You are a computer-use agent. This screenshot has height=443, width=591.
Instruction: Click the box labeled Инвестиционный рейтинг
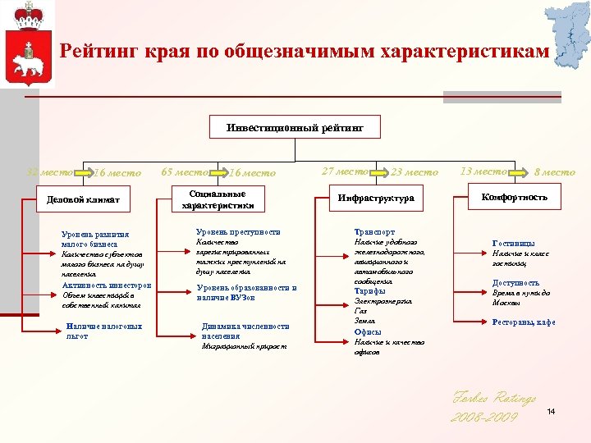(295, 128)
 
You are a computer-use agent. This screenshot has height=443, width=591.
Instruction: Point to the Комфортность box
(514, 198)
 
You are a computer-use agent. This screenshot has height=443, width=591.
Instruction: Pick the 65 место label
(185, 172)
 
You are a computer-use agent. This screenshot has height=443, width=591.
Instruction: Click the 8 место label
(555, 172)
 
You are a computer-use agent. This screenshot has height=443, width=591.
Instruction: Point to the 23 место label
(415, 172)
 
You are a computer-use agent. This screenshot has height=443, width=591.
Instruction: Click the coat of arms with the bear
(30, 48)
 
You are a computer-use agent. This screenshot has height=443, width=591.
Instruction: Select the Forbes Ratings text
(493, 399)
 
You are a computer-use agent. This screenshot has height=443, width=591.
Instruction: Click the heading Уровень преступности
(238, 232)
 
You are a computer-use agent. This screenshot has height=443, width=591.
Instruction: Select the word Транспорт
(373, 232)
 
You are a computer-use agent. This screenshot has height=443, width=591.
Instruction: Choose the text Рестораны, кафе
(524, 322)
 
